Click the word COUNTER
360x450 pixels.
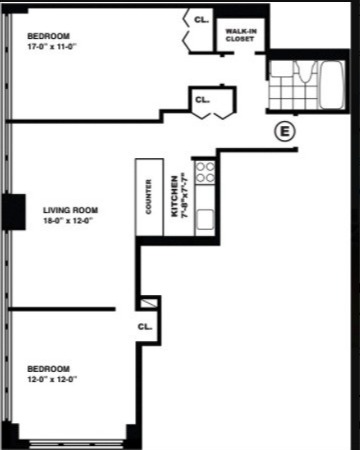coord(149,197)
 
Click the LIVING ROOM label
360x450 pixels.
coord(70,210)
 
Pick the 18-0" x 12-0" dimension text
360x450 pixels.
coord(70,222)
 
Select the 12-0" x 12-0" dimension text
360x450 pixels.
coord(53,379)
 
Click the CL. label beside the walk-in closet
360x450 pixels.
coord(201,20)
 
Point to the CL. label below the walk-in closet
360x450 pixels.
coord(203,100)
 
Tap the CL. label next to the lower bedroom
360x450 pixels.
coord(144,326)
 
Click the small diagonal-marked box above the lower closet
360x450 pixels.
coord(149,303)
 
